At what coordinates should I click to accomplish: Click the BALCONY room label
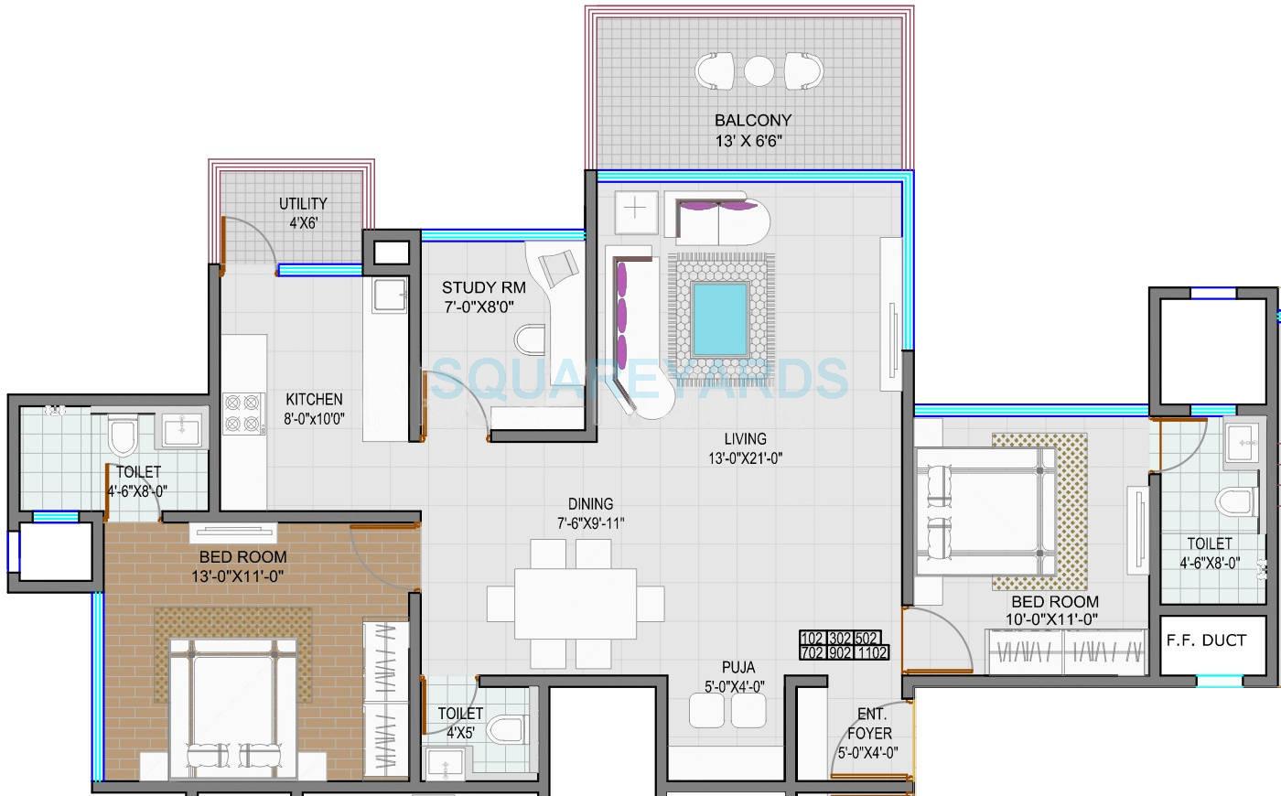point(752,120)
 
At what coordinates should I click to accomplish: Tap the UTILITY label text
point(303,204)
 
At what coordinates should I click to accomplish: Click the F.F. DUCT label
point(1206,640)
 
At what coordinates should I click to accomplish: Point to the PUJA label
point(737,668)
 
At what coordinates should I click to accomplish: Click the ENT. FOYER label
point(868,724)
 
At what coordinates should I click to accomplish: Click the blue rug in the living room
point(720,319)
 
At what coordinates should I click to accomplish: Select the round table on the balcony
point(759,70)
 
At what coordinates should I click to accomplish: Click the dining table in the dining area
point(575,604)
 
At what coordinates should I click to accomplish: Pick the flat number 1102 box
point(874,653)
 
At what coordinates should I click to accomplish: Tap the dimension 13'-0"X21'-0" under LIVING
point(745,458)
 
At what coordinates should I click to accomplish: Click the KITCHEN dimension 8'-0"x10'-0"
point(314,420)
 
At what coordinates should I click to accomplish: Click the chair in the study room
point(558,267)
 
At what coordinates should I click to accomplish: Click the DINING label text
point(590,504)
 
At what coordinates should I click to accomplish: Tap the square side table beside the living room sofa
point(635,209)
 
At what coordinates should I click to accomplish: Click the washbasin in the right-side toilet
point(1244,443)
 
